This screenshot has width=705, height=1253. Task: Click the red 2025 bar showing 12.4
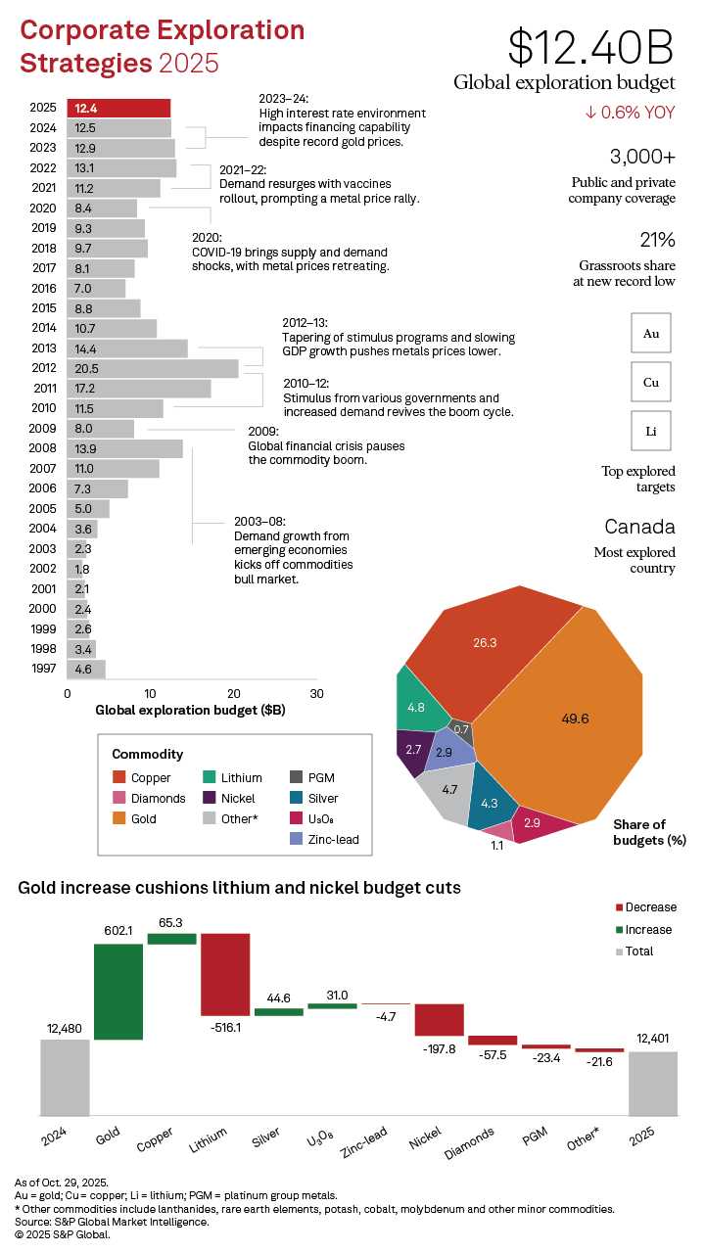(118, 108)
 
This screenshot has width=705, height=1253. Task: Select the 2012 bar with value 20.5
(153, 368)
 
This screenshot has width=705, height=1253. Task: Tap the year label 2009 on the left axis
(43, 428)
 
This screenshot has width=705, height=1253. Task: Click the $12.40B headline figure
(591, 47)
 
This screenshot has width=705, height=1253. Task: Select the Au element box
(651, 333)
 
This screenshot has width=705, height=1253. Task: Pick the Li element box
(651, 430)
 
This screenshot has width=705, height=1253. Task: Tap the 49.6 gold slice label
(576, 719)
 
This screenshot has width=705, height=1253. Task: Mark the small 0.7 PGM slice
(462, 728)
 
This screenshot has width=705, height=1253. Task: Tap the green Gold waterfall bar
(118, 992)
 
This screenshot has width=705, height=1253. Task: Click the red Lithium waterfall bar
(225, 974)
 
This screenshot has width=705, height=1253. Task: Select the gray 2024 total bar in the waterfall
(65, 1077)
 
